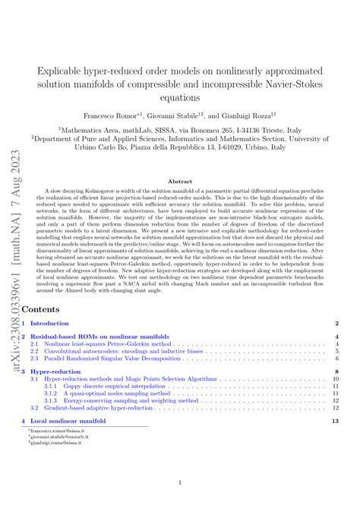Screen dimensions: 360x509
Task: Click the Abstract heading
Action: (x=180, y=182)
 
